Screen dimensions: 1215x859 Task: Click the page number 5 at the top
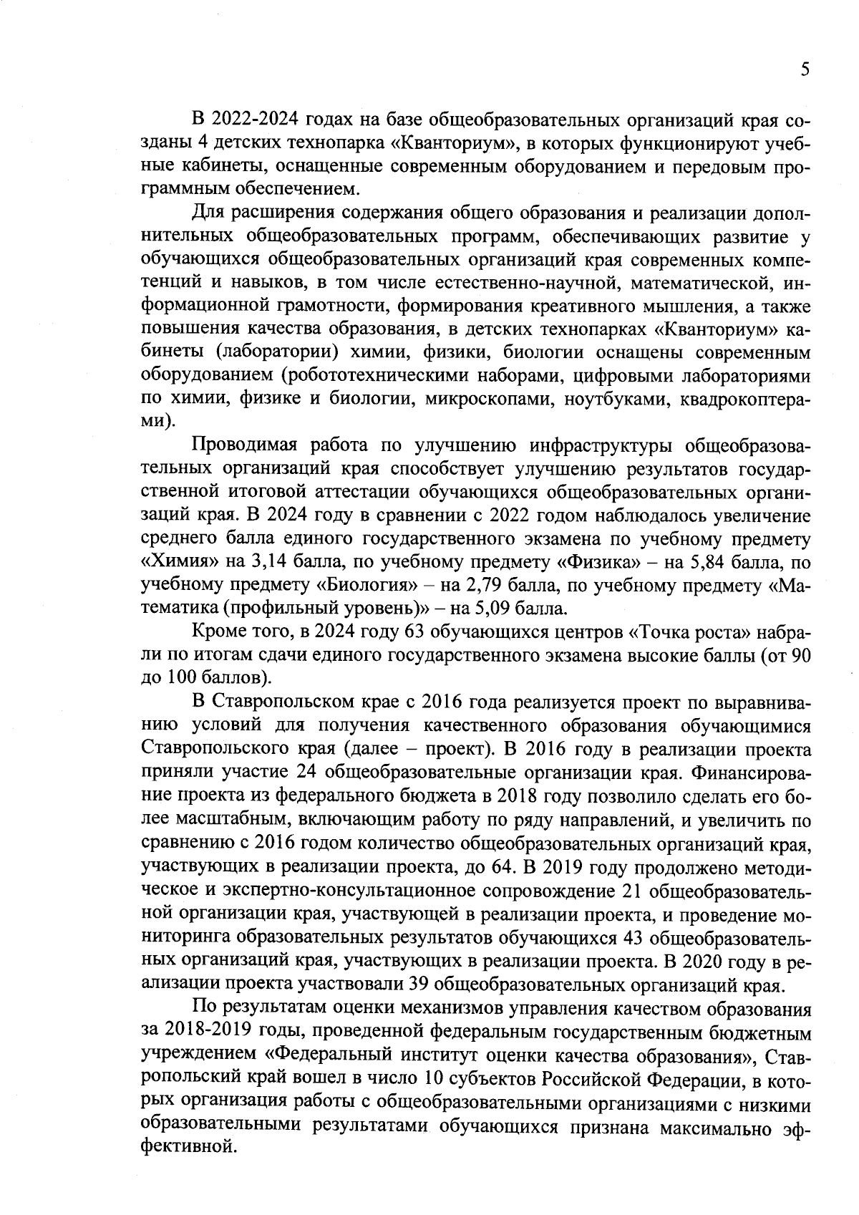tap(805, 70)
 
